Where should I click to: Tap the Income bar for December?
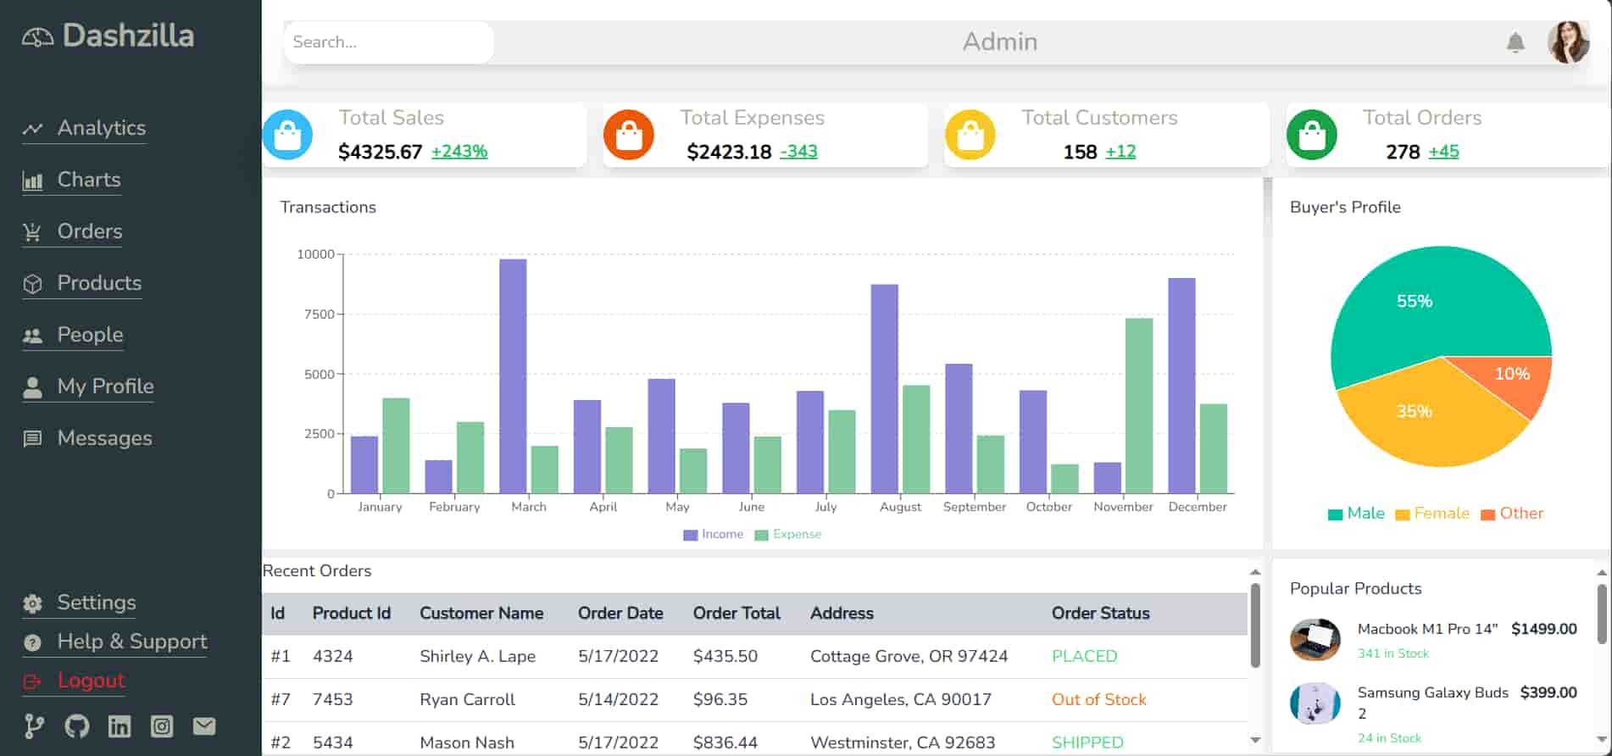click(x=1181, y=386)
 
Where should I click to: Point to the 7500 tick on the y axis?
click(x=320, y=314)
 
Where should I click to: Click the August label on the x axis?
click(x=900, y=507)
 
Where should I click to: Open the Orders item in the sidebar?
click(x=89, y=231)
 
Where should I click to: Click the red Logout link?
click(x=91, y=681)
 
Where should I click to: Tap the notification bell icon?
click(x=1515, y=42)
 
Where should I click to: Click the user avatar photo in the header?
click(x=1568, y=42)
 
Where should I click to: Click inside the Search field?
click(x=388, y=42)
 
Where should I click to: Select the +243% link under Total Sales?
click(x=459, y=152)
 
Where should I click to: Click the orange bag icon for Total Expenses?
click(x=629, y=135)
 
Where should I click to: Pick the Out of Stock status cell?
click(x=1098, y=700)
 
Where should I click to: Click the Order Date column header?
click(x=620, y=614)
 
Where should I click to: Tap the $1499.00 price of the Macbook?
click(x=1543, y=629)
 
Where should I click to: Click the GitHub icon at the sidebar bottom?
click(x=77, y=726)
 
